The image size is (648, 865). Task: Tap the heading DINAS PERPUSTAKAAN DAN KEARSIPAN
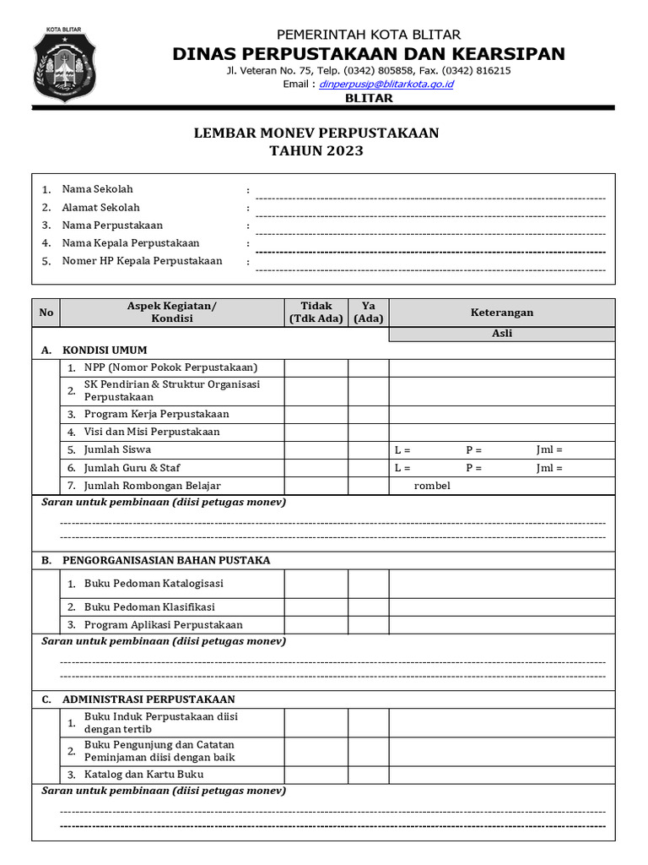(369, 54)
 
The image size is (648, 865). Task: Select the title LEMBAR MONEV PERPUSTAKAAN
(317, 133)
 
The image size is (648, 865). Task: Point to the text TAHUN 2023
(316, 151)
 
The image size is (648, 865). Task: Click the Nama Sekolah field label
(97, 189)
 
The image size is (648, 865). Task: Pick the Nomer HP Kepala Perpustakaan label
(142, 261)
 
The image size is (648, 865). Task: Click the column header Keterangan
(501, 313)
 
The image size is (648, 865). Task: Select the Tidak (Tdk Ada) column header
(316, 313)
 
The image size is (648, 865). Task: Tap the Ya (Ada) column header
(368, 313)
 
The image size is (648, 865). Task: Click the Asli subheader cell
(501, 334)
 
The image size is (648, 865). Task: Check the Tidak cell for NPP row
(316, 367)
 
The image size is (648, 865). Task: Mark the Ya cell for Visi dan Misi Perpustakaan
(368, 432)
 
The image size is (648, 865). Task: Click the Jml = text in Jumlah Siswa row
(549, 450)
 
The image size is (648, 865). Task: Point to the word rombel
(432, 486)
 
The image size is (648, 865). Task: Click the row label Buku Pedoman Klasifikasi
(149, 607)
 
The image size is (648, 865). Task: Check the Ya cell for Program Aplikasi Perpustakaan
(368, 625)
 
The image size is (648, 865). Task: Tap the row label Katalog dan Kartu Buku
(143, 775)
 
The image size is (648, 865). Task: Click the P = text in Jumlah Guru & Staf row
(473, 468)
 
